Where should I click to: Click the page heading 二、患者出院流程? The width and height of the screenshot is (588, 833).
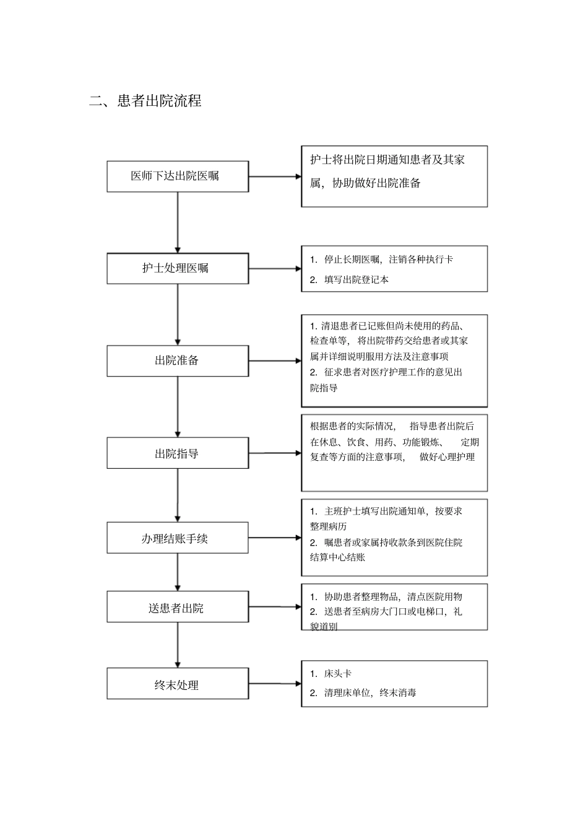pos(145,101)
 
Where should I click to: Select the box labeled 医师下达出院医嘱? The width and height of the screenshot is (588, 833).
pos(178,176)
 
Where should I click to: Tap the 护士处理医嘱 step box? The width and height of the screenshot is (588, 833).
pos(178,268)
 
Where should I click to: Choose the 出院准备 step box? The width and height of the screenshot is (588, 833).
pos(178,360)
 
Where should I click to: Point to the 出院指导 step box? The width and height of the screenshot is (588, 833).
pos(178,453)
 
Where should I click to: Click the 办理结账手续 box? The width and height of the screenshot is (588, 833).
pos(178,538)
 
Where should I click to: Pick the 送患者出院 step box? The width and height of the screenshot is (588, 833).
pos(178,608)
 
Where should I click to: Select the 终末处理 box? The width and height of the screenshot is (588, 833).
pos(178,684)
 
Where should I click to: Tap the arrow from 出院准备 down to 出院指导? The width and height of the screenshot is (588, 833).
pos(178,406)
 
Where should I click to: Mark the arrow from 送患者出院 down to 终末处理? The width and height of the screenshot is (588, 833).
pos(178,645)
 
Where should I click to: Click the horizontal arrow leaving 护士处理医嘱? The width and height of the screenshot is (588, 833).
pos(275,269)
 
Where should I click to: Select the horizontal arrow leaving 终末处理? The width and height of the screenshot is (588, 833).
pos(275,684)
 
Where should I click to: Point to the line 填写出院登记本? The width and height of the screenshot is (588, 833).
pos(357,280)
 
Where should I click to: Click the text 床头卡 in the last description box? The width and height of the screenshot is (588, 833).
pos(338,673)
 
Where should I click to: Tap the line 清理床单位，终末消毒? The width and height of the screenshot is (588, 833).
pos(370,693)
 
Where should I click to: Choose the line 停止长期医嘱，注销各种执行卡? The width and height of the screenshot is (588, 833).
pos(388,259)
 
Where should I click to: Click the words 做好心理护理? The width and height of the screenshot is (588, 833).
pos(447,457)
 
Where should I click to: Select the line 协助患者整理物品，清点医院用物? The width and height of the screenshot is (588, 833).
pos(393,597)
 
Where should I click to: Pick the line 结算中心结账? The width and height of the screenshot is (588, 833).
pos(338,557)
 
